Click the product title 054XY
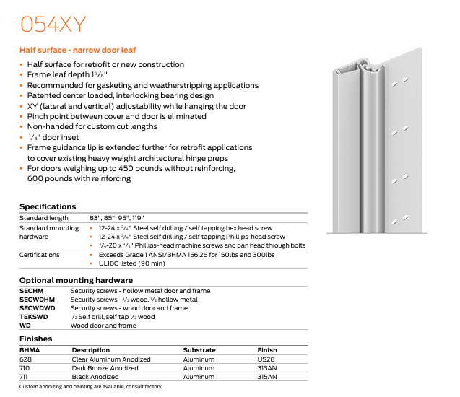[53, 24]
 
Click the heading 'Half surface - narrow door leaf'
[77, 51]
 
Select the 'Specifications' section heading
[48, 206]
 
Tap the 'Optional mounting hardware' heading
[76, 280]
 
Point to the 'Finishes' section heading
[35, 339]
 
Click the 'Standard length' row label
[44, 218]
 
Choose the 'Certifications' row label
[40, 255]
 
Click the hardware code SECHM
[32, 291]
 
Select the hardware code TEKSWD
[34, 317]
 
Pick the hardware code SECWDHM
[37, 300]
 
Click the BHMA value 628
[25, 359]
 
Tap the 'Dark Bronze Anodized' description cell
[105, 368]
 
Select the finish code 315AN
[268, 377]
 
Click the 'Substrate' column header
[199, 350]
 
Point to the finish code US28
[266, 359]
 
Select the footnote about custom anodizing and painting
[90, 387]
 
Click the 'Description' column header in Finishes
[91, 350]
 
